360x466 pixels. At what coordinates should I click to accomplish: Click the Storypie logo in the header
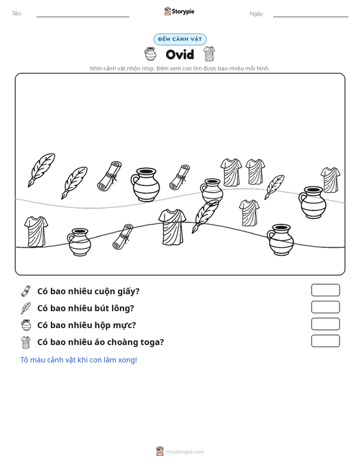click(x=179, y=11)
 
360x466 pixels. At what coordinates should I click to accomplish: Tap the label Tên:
click(x=17, y=13)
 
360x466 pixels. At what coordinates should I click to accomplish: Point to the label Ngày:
click(x=256, y=14)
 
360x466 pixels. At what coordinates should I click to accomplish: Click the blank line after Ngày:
click(x=310, y=17)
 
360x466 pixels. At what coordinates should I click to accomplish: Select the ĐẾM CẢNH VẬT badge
click(x=180, y=39)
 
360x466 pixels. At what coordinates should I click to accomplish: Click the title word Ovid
click(x=180, y=55)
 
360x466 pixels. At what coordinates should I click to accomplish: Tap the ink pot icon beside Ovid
click(x=150, y=54)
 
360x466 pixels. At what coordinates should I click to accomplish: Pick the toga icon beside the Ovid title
click(x=209, y=54)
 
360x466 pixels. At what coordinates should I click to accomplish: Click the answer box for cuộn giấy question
click(x=325, y=290)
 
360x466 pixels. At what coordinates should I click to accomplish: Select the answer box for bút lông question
click(x=325, y=307)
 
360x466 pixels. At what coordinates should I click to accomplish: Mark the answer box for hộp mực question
click(x=325, y=324)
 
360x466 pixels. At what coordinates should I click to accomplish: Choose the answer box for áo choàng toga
click(x=325, y=341)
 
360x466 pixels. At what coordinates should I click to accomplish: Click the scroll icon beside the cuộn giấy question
click(x=26, y=291)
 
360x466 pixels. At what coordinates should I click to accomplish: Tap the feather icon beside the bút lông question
click(x=26, y=308)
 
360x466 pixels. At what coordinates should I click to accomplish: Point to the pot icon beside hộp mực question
click(x=26, y=325)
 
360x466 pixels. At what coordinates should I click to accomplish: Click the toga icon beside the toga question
click(x=26, y=342)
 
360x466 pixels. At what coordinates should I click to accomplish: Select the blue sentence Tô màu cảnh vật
click(x=78, y=360)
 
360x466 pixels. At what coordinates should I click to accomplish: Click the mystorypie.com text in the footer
click(x=184, y=452)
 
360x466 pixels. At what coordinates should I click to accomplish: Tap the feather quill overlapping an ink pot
click(x=205, y=216)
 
